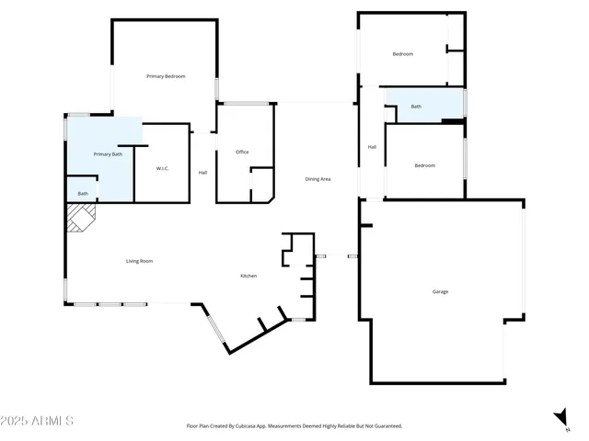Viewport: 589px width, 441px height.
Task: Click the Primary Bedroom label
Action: pyautogui.click(x=166, y=76)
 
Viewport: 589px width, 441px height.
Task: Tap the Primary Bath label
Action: pyautogui.click(x=108, y=154)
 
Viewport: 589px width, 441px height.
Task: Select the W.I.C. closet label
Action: pyautogui.click(x=162, y=169)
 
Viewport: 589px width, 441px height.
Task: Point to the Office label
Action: pyautogui.click(x=242, y=153)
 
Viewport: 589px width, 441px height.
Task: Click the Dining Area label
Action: pyautogui.click(x=318, y=179)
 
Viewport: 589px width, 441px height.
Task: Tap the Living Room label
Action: pyautogui.click(x=139, y=262)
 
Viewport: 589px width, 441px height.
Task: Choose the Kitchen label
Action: pyautogui.click(x=248, y=277)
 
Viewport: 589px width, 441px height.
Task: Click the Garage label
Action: pyautogui.click(x=440, y=292)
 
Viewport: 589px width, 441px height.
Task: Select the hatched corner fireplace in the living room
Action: pyautogui.click(x=80, y=218)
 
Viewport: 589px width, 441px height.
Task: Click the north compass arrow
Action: pyautogui.click(x=560, y=418)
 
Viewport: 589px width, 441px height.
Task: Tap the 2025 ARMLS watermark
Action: pyautogui.click(x=38, y=421)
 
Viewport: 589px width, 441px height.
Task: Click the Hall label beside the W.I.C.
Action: pyautogui.click(x=202, y=173)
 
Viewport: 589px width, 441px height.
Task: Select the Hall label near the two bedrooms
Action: pyautogui.click(x=372, y=147)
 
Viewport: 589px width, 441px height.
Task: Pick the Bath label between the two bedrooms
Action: pyautogui.click(x=416, y=107)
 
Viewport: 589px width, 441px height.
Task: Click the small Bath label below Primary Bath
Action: pyautogui.click(x=83, y=194)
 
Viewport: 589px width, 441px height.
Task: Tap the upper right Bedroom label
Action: pyautogui.click(x=402, y=54)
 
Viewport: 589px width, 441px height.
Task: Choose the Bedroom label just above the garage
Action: pyautogui.click(x=424, y=165)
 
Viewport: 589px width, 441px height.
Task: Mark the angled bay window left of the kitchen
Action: pyautogui.click(x=214, y=330)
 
